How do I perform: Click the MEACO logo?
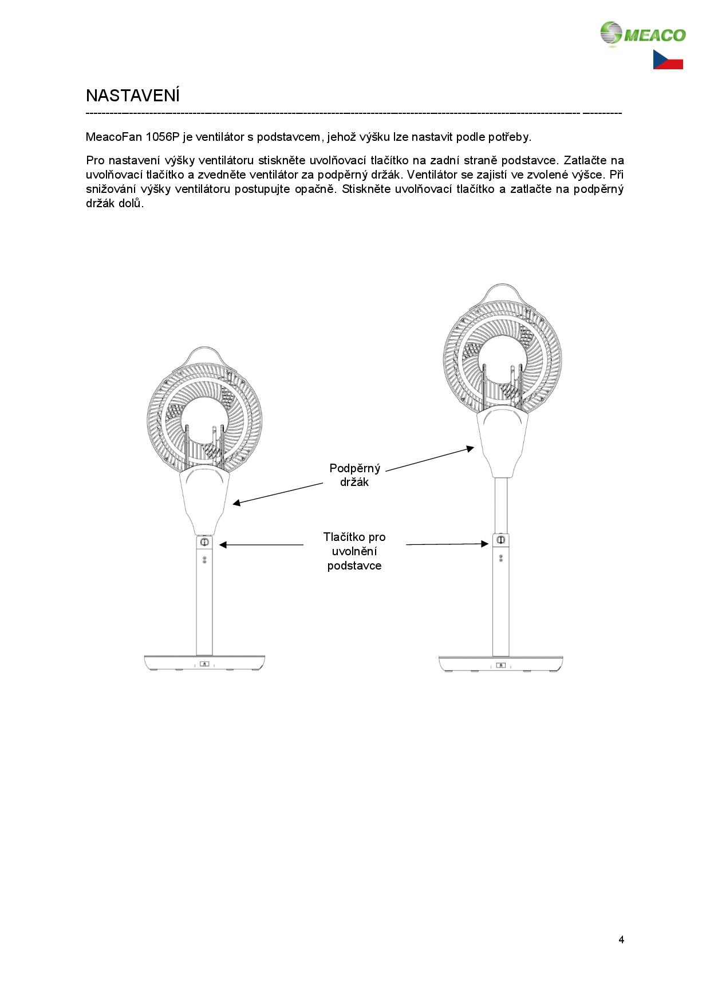coord(642,34)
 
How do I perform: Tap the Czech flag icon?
coord(668,60)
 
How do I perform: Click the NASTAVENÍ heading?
coord(133,96)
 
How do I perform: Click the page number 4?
coord(621,939)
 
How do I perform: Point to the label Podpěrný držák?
coord(354,475)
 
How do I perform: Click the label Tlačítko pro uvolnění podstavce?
coord(354,551)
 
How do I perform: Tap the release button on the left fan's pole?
coord(204,541)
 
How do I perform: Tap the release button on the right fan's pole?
coord(500,540)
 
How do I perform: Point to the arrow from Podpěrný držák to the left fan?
coord(278,494)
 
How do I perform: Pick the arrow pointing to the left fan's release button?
coord(261,545)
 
